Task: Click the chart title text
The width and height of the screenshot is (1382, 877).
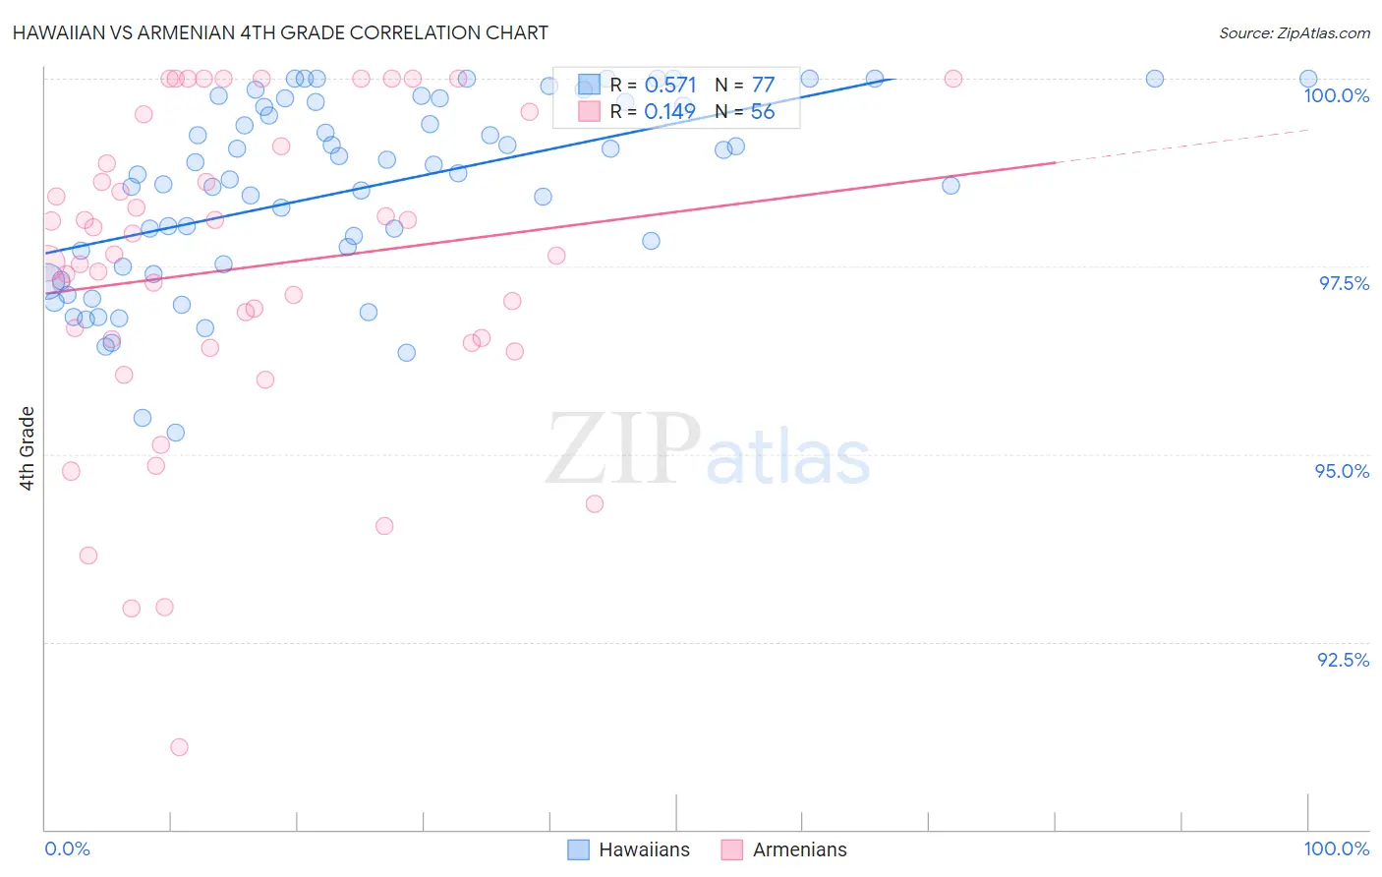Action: pyautogui.click(x=280, y=32)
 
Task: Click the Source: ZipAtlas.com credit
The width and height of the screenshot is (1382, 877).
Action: pyautogui.click(x=1294, y=32)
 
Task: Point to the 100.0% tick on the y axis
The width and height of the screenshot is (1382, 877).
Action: pyautogui.click(x=1336, y=95)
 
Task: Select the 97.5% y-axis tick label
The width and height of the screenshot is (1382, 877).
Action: pyautogui.click(x=1344, y=283)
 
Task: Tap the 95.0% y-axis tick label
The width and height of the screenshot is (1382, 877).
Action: pyautogui.click(x=1342, y=471)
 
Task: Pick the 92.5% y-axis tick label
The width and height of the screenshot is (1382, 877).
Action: pyautogui.click(x=1343, y=660)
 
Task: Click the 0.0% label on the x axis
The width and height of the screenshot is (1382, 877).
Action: pyautogui.click(x=67, y=848)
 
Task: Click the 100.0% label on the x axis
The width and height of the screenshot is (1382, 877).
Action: pyautogui.click(x=1336, y=848)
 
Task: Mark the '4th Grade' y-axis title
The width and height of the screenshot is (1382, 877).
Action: pyautogui.click(x=27, y=448)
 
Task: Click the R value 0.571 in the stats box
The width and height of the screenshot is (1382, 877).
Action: pyautogui.click(x=670, y=86)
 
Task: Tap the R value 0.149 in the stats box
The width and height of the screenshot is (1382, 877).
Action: pyautogui.click(x=670, y=112)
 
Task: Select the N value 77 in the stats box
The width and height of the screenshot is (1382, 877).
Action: pyautogui.click(x=763, y=86)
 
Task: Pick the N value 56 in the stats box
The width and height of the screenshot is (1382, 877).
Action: pyautogui.click(x=763, y=112)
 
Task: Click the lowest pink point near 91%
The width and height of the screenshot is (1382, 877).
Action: pyautogui.click(x=179, y=747)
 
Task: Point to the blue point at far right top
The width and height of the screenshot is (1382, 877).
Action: pyautogui.click(x=1308, y=79)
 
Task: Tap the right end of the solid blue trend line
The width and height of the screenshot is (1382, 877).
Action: pyautogui.click(x=893, y=78)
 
